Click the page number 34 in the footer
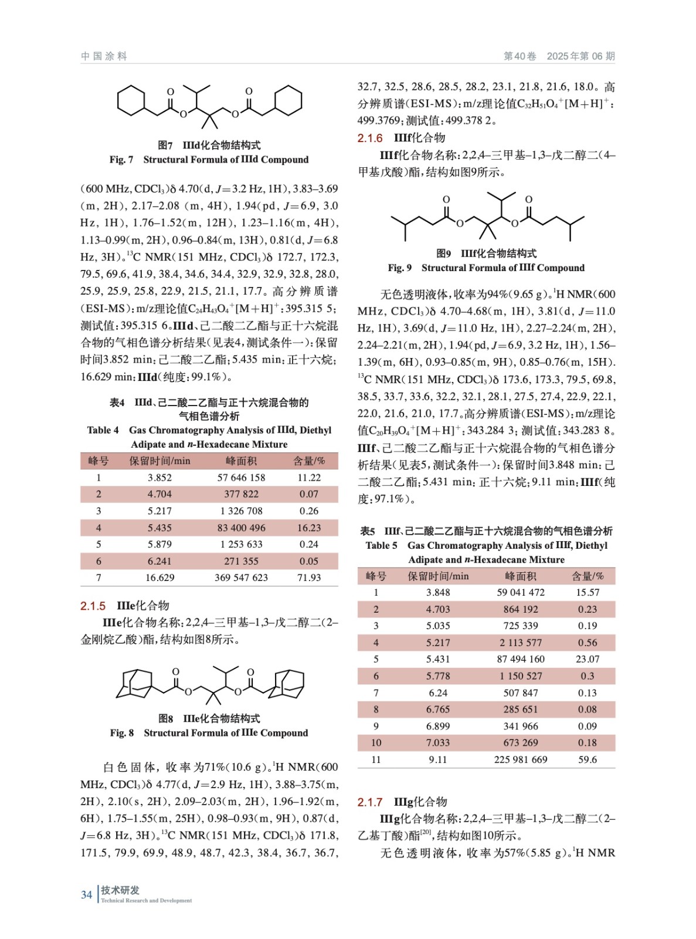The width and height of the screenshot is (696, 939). coord(86,894)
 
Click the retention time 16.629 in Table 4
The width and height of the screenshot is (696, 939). coord(159,577)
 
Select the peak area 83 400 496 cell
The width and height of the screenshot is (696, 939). coord(241,528)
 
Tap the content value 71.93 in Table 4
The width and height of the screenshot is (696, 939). coord(308,577)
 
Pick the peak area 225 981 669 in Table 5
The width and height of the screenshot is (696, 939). coord(520,759)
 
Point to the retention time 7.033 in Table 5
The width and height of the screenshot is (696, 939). coord(437,742)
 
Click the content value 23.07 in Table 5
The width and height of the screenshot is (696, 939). coord(587,659)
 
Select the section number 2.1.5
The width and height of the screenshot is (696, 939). coord(93,606)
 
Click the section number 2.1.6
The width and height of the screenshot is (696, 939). coord(370,138)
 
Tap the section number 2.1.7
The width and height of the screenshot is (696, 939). coord(370,802)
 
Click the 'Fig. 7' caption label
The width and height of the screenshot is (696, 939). coord(121,160)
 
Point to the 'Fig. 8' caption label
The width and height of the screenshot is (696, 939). coord(122,733)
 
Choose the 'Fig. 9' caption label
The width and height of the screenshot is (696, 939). coord(399,268)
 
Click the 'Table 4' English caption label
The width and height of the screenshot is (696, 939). coord(103,430)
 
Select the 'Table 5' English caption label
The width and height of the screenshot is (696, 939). coord(381,545)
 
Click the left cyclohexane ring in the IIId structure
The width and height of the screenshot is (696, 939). coord(131,100)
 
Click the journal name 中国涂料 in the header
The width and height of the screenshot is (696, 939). coord(104,56)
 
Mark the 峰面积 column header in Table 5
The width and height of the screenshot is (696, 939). coord(520,576)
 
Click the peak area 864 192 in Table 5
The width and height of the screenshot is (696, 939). coord(520,609)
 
